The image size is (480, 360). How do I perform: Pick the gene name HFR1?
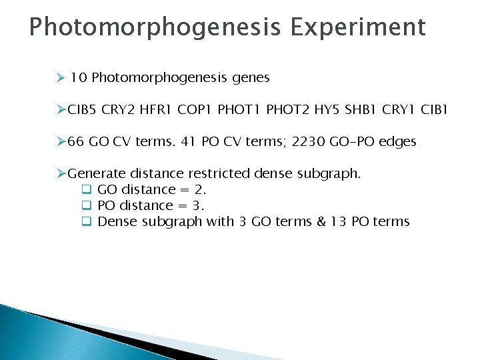[x=157, y=110]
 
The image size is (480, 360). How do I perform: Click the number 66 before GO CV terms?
[x=76, y=142]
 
